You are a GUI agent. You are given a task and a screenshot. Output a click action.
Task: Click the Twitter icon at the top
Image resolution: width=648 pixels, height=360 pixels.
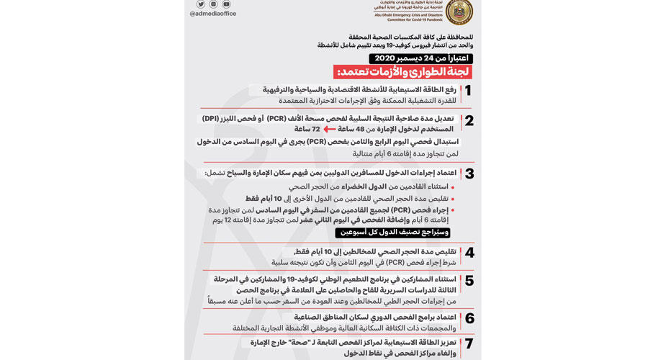201,4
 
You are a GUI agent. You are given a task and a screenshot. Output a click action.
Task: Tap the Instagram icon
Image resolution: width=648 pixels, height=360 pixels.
214,4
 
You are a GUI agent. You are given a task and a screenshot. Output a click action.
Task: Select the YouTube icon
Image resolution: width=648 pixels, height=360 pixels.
226,4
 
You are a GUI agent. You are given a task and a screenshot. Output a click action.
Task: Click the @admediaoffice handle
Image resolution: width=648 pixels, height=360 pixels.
212,14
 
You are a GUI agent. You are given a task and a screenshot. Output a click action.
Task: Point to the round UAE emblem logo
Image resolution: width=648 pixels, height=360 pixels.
459,10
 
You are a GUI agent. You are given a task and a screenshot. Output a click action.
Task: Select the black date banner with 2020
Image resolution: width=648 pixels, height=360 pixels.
420,58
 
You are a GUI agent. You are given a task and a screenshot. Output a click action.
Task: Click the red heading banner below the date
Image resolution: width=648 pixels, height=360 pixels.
402,72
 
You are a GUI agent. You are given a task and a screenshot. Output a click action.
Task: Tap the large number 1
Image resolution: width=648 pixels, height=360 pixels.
467,91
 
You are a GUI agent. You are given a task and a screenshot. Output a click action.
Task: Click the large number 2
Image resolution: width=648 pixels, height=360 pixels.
469,121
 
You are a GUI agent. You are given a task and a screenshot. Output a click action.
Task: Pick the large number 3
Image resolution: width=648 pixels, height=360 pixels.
469,174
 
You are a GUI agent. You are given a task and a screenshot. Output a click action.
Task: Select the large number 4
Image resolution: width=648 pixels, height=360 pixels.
469,253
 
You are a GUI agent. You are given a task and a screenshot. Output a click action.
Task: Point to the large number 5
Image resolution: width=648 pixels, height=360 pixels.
469,281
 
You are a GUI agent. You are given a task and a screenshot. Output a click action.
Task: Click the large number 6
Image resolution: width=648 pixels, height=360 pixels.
469,318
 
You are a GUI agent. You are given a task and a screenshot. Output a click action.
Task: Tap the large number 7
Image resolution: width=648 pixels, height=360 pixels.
469,343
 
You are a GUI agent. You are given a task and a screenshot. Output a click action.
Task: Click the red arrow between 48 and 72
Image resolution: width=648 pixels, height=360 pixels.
329,129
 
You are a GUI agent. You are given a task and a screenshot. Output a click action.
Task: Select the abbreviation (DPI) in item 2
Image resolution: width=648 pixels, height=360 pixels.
211,118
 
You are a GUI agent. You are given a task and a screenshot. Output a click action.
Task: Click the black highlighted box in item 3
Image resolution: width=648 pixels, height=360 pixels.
392,233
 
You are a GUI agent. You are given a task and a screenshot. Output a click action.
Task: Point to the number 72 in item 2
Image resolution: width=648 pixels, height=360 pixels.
315,129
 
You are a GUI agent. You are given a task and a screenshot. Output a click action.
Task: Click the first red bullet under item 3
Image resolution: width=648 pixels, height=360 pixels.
452,187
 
